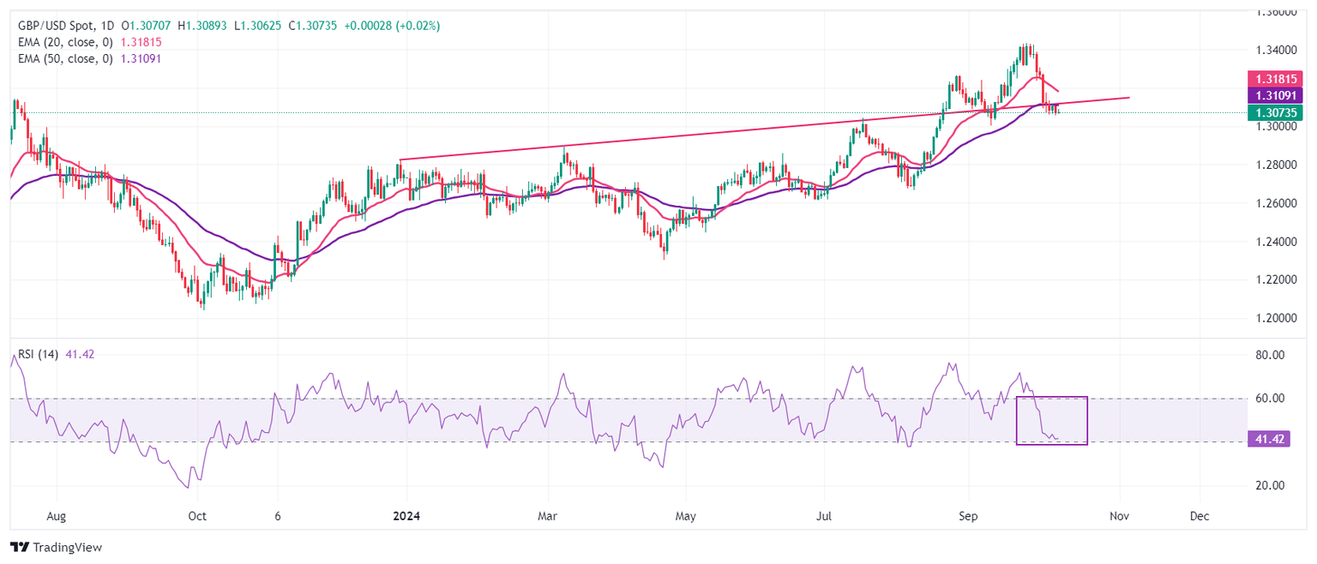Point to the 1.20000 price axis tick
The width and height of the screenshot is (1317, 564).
pyautogui.click(x=1278, y=318)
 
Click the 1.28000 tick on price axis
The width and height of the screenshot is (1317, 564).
pyautogui.click(x=1278, y=165)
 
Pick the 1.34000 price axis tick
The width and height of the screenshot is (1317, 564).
pyautogui.click(x=1278, y=50)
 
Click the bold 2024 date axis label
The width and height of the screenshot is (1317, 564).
pyautogui.click(x=406, y=517)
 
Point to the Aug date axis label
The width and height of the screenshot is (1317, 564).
pyautogui.click(x=57, y=517)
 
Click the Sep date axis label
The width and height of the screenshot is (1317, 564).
pyautogui.click(x=968, y=517)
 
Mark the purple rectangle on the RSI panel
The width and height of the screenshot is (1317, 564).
pyautogui.click(x=1051, y=420)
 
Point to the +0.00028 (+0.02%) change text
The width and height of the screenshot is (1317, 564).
pyautogui.click(x=392, y=26)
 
